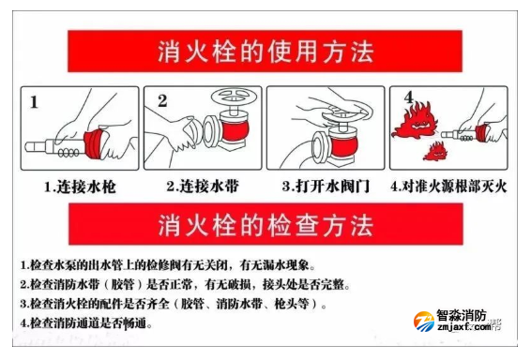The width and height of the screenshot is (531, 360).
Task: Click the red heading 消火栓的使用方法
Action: pos(265,52)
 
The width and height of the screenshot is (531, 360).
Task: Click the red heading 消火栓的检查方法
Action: pos(265,224)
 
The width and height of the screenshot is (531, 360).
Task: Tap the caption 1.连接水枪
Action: pos(80,187)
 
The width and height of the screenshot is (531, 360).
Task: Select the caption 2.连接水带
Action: pos(203,186)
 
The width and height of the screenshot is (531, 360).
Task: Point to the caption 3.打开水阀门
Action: pos(326,186)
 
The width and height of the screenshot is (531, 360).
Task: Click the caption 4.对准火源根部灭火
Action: pos(448,187)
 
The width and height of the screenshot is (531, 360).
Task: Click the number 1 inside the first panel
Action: pos(34,102)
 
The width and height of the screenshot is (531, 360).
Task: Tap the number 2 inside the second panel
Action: pos(162,101)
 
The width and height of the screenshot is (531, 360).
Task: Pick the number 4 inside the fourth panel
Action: pos(409,97)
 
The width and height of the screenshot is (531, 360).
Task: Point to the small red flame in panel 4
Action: pos(434,151)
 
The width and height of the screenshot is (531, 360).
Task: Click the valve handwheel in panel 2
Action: pos(234,96)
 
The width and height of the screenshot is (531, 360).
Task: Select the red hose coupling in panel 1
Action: pos(95,144)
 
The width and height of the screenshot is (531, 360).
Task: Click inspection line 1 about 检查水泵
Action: pos(168,264)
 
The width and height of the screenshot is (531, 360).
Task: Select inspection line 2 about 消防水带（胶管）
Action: pos(185,284)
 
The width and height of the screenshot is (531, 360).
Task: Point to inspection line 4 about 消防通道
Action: pos(86,323)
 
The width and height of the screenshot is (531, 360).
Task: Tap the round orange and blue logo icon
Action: pos(424,322)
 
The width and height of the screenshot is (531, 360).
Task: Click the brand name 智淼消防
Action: pos(462,316)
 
